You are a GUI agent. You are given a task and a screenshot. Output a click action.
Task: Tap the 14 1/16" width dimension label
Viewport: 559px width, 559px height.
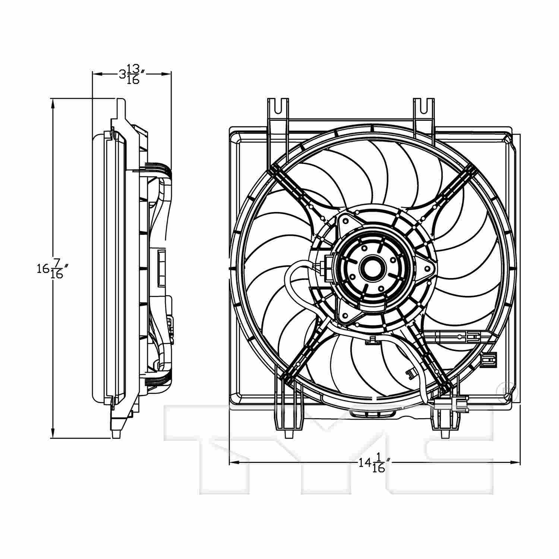375,463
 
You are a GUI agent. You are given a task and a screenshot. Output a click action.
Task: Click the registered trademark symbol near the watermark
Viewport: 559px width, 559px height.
504,389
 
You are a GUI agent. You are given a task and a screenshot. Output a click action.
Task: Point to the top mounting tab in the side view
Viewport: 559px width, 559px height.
121,108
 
